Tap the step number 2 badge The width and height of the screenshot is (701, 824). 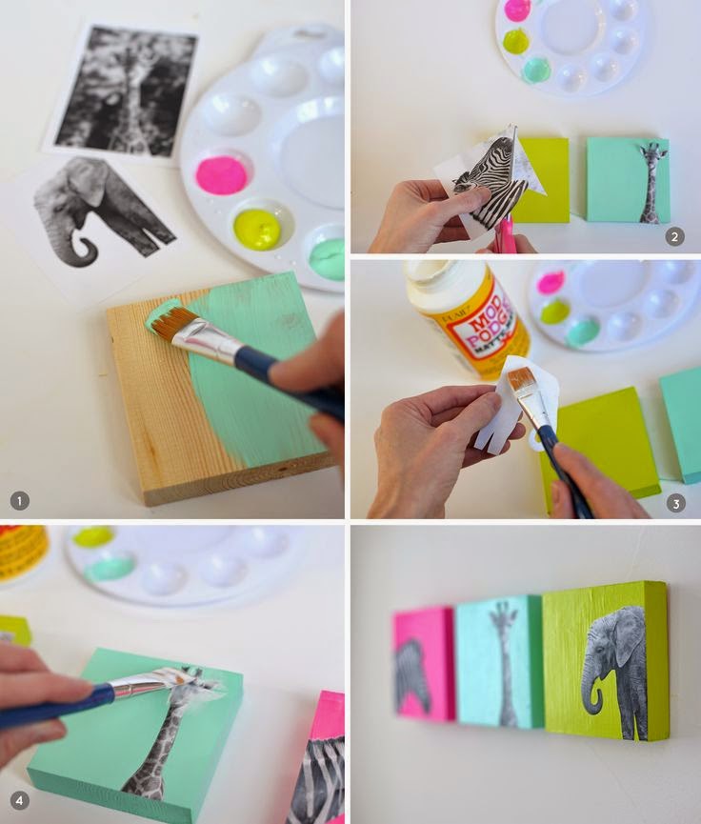[x=674, y=236]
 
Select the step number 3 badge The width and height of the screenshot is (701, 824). [x=675, y=502]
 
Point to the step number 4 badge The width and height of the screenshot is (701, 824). [x=19, y=801]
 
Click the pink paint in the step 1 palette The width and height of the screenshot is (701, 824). [x=222, y=174]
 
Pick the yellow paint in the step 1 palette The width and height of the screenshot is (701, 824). [x=256, y=229]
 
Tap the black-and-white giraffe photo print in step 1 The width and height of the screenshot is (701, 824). [x=125, y=90]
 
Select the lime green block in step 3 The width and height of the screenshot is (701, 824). [x=598, y=439]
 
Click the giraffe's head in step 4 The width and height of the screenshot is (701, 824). [x=190, y=687]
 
